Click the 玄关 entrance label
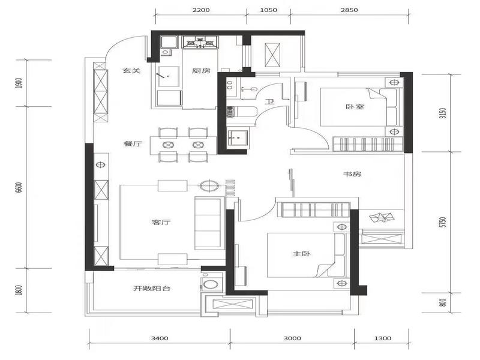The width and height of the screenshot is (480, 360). (x=131, y=71)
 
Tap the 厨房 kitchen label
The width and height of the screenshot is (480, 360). (x=201, y=71)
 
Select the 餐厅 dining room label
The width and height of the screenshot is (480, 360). (x=133, y=143)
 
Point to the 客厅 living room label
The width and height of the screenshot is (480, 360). (x=161, y=223)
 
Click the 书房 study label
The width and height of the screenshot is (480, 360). (x=352, y=174)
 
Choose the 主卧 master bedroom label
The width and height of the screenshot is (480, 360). (x=302, y=254)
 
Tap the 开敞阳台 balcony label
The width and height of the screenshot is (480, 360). (x=152, y=289)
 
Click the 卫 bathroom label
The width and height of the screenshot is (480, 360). (x=269, y=101)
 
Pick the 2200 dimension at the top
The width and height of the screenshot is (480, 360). (x=201, y=10)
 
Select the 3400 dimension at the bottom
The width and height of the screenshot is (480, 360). (x=160, y=338)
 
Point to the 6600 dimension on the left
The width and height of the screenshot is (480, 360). (x=19, y=187)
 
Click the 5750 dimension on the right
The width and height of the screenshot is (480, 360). (x=443, y=222)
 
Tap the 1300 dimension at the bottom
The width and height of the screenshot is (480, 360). (x=383, y=338)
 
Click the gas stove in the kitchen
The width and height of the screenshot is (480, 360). (x=200, y=42)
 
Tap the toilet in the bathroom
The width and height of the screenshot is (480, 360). (x=241, y=112)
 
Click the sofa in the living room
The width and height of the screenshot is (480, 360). (x=208, y=223)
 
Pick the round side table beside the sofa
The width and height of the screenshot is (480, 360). (x=209, y=185)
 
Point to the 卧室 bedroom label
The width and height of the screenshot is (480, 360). (x=355, y=107)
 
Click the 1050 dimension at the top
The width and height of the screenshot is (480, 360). (x=268, y=10)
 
